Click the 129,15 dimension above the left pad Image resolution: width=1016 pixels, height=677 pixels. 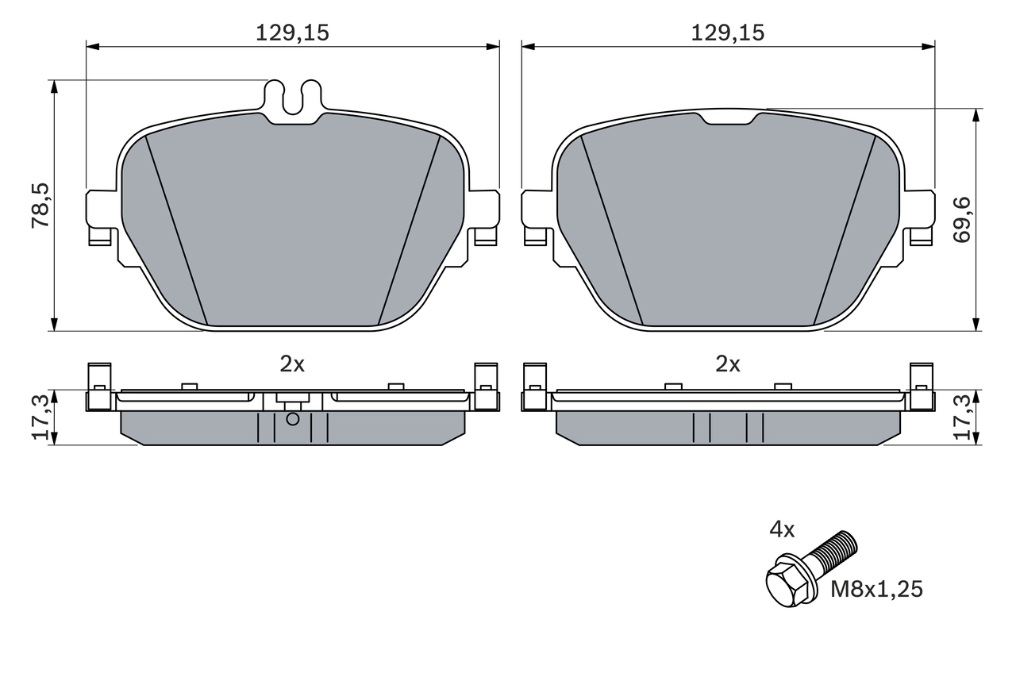pos(292,33)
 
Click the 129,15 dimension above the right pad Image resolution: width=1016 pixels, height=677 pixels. pos(727,33)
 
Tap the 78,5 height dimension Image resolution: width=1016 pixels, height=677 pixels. pos(40,206)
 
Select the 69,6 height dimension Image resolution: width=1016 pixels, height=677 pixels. pos(963,221)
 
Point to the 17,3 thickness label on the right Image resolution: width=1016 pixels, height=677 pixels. pos(963,417)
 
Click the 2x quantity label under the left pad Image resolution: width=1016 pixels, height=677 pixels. pos(292,364)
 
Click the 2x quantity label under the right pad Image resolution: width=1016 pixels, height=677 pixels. pos(727,364)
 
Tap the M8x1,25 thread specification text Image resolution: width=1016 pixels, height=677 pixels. pos(876,590)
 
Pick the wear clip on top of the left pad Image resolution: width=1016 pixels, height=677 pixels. pos(292,100)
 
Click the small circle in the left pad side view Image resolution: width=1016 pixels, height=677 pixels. pos(292,419)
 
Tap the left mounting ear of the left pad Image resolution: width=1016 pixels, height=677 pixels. pos(98,214)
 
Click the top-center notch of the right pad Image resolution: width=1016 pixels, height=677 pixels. pos(727,119)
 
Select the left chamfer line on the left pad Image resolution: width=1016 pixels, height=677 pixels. pos(176,230)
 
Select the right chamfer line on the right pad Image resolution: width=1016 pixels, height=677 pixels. pos(845,230)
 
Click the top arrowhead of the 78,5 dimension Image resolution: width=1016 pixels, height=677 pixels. pos(54,86)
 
